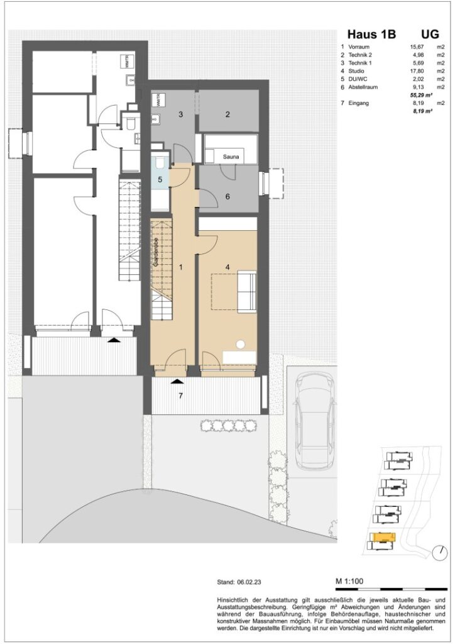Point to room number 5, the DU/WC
click(160, 179)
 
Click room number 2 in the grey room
click(227, 114)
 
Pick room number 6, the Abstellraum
click(227, 196)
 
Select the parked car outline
click(315, 419)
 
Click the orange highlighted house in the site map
click(381, 538)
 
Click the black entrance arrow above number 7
click(177, 382)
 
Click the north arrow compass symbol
click(437, 553)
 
